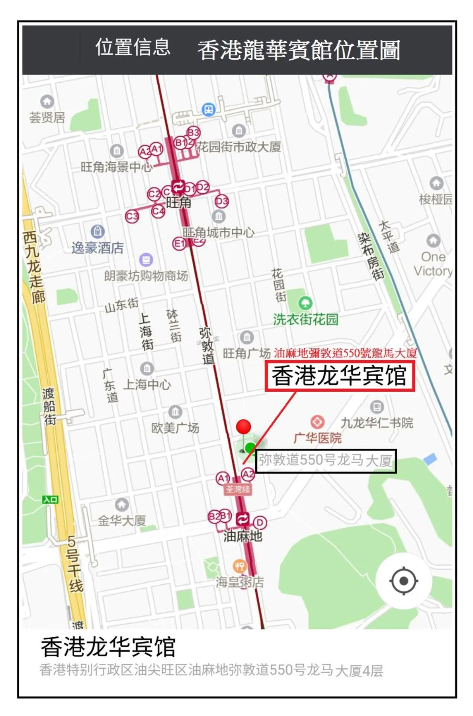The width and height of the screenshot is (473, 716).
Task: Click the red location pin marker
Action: point(243,427)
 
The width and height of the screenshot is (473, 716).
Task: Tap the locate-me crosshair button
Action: point(403,581)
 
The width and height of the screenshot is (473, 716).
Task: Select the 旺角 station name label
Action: point(178,202)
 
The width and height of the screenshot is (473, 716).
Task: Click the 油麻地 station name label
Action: point(242,536)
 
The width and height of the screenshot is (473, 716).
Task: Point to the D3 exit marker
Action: point(222,201)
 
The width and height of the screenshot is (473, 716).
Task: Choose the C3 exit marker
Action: point(132,216)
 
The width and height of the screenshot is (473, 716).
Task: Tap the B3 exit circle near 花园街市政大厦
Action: point(193,132)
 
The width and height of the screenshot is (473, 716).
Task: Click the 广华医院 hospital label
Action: point(317,438)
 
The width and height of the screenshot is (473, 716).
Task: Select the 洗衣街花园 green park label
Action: point(305,319)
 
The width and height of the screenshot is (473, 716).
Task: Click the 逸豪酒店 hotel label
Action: point(98,248)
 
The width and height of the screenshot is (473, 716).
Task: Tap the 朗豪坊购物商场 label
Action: point(146,276)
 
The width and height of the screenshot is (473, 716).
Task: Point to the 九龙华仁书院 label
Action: point(377,422)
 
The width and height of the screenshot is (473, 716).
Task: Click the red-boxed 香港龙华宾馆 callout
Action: point(340,376)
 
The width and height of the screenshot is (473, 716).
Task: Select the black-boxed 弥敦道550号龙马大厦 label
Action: point(326,461)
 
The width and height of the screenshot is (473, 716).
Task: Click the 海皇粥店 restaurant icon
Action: point(239,566)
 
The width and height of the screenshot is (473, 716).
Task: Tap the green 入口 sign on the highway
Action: point(51,500)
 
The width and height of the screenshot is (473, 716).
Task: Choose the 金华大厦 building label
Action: point(122,520)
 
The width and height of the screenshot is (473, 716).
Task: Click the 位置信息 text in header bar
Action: point(133,47)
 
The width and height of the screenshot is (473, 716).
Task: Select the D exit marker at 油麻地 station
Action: point(260,522)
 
